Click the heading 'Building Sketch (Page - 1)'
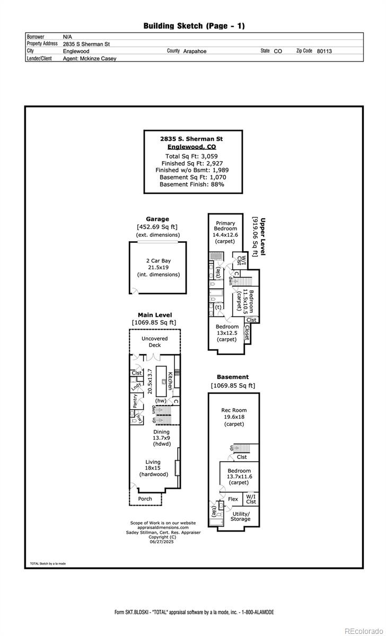tap(194, 25)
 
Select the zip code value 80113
tap(324, 51)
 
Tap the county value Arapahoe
tap(195, 51)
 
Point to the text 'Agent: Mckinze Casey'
tap(90, 59)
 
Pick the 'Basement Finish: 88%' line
tap(192, 184)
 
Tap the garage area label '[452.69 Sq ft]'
tap(157, 227)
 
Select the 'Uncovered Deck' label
tap(155, 342)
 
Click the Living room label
tap(153, 462)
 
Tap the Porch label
tap(145, 499)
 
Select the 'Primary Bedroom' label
tap(225, 226)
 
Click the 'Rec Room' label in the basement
tap(234, 410)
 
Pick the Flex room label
tap(233, 499)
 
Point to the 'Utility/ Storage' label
tap(241, 516)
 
